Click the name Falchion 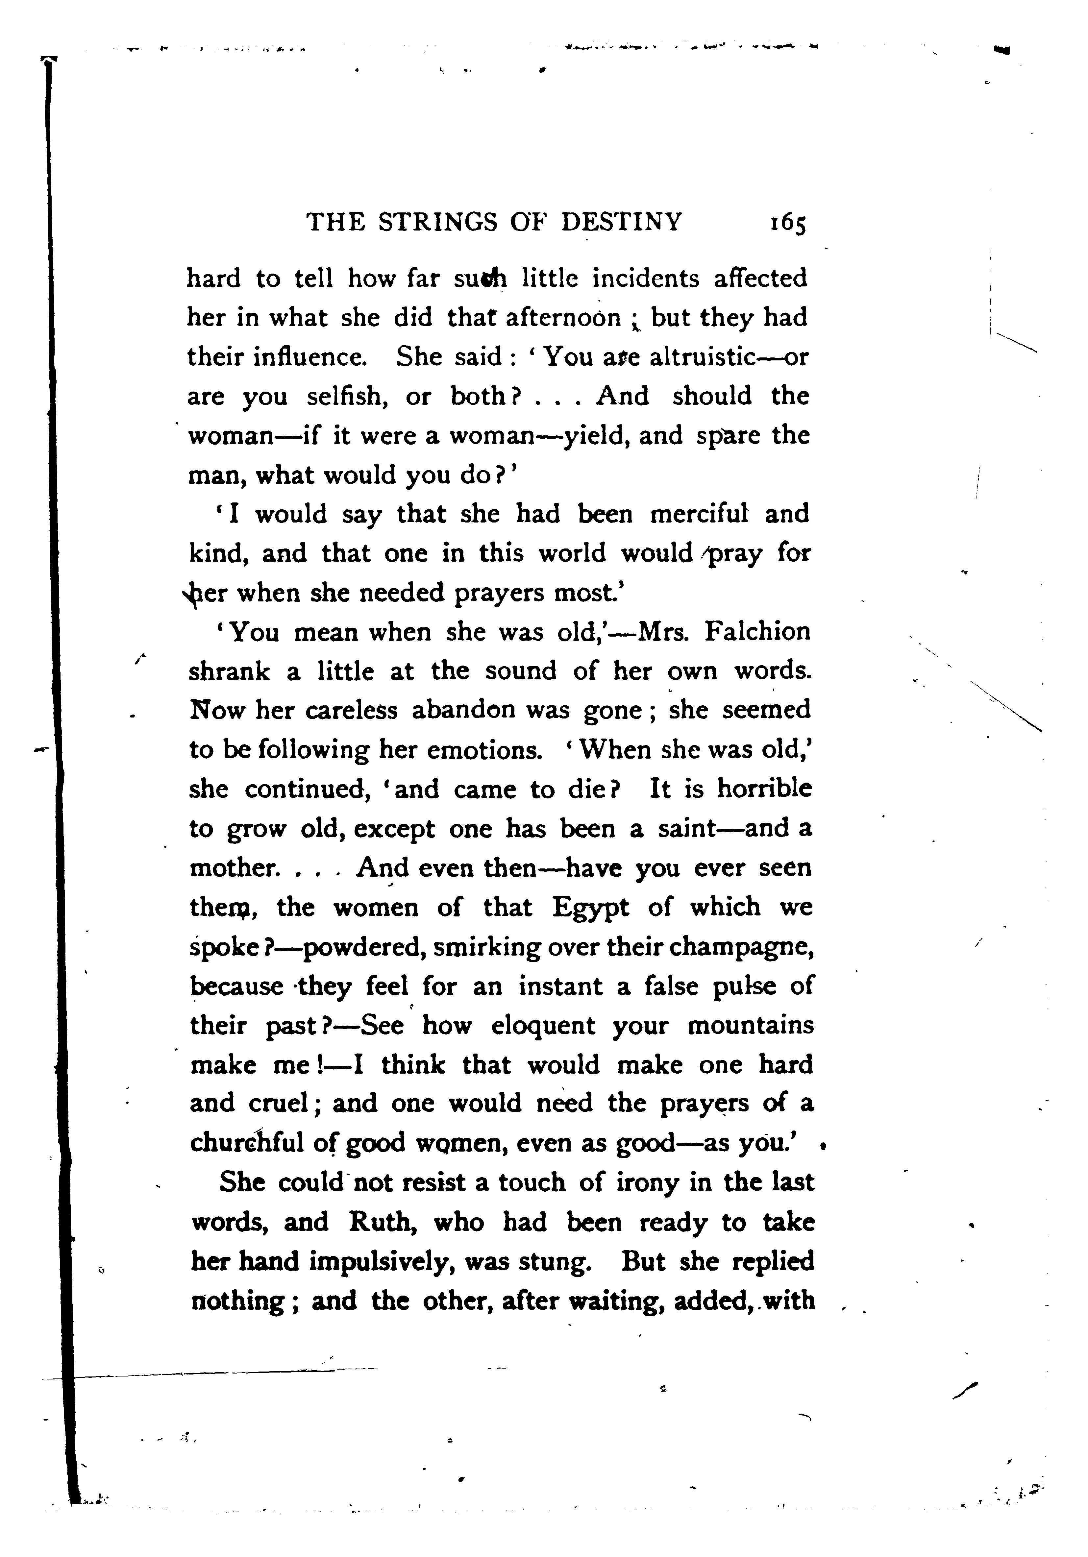(758, 632)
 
